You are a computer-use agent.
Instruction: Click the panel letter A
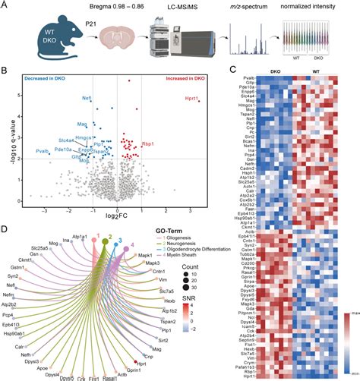tap(6, 6)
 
